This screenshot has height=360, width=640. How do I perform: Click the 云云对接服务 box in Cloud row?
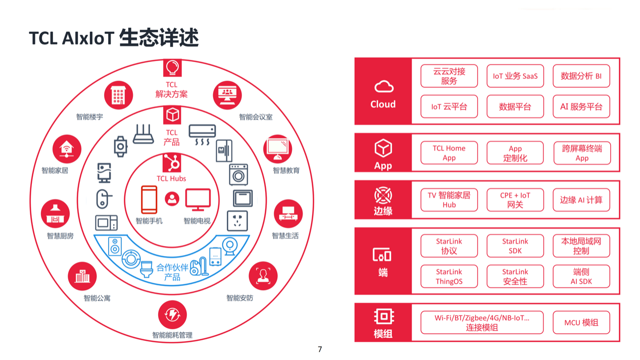[449, 76]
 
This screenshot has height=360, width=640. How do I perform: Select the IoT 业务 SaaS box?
[515, 76]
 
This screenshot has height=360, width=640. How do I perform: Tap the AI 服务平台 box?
[581, 107]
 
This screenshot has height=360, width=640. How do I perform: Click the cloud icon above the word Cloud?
[383, 87]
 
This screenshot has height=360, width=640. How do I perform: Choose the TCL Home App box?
[449, 152]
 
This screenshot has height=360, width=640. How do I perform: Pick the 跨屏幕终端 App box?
[581, 152]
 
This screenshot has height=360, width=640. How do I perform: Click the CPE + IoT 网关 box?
[515, 200]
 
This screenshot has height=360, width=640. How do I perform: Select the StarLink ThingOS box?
[449, 276]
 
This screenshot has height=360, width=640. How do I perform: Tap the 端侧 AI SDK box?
[581, 276]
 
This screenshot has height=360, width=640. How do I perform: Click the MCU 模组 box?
[581, 322]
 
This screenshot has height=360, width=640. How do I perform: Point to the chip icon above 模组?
[383, 317]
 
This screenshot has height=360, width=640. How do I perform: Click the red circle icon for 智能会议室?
[227, 94]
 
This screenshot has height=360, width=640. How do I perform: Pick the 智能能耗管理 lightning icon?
[172, 315]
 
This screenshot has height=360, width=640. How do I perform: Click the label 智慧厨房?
[60, 236]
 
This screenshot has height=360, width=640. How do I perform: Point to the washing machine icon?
[238, 175]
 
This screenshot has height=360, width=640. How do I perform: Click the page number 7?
[320, 349]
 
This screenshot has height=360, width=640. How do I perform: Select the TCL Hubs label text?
[171, 179]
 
